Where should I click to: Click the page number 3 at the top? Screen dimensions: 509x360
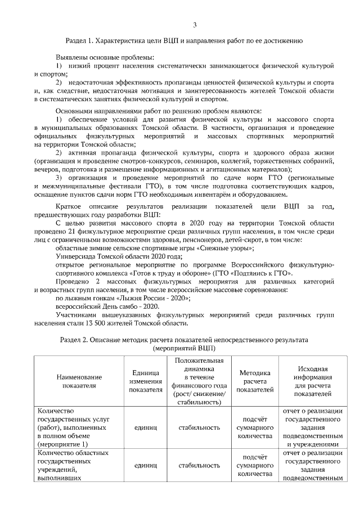pos(195,25)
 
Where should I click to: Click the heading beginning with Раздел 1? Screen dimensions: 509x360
pos(184,41)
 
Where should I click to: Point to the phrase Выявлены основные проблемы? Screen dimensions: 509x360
pos(104,58)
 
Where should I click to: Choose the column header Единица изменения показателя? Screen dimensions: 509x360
pos(142,381)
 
